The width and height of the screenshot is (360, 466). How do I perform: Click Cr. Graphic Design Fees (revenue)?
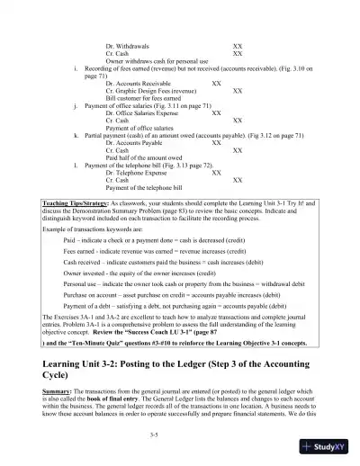[149, 90]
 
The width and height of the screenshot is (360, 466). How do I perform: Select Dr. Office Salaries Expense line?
[144, 112]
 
